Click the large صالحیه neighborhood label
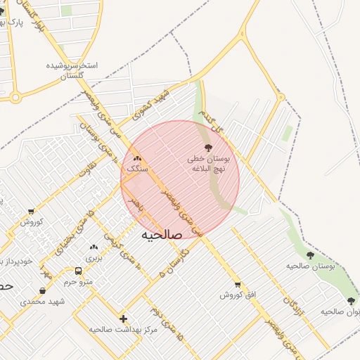(x=162, y=235)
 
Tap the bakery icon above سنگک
(x=137, y=159)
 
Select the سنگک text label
(x=138, y=169)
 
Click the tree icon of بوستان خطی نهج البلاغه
(x=207, y=147)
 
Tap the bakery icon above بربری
(x=94, y=247)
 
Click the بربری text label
(x=94, y=258)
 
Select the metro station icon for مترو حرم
(x=78, y=271)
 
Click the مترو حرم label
(x=78, y=282)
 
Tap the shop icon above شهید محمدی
(x=43, y=291)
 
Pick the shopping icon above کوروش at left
(x=32, y=212)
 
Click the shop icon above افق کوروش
(x=237, y=285)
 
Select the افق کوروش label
(x=236, y=295)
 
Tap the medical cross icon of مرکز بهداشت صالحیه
(x=124, y=319)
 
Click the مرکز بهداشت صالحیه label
(x=117, y=328)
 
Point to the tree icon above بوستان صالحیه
(x=311, y=255)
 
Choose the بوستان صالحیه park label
(x=310, y=266)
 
